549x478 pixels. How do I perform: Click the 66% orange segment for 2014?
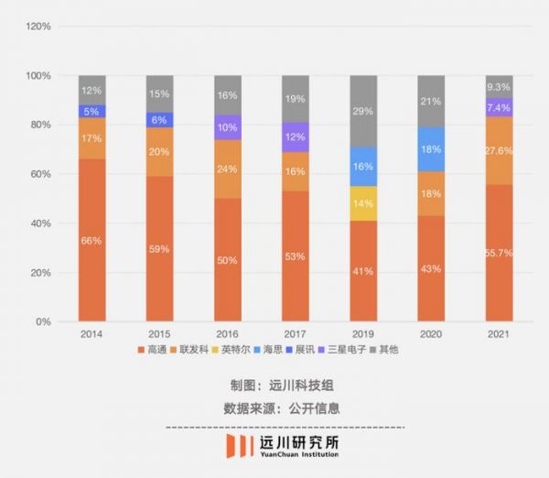click(x=92, y=240)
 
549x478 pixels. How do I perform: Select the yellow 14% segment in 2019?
click(x=363, y=203)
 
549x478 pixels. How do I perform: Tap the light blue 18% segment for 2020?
click(x=431, y=149)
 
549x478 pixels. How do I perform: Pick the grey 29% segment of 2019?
click(x=363, y=111)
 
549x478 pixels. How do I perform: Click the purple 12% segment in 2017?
click(x=296, y=137)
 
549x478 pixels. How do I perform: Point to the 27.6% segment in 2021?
click(x=499, y=150)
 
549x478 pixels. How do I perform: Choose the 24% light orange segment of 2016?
click(x=228, y=169)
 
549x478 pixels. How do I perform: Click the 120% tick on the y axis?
click(x=38, y=26)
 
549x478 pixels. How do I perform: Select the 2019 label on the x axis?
click(x=363, y=336)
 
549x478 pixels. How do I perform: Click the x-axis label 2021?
click(x=499, y=336)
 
